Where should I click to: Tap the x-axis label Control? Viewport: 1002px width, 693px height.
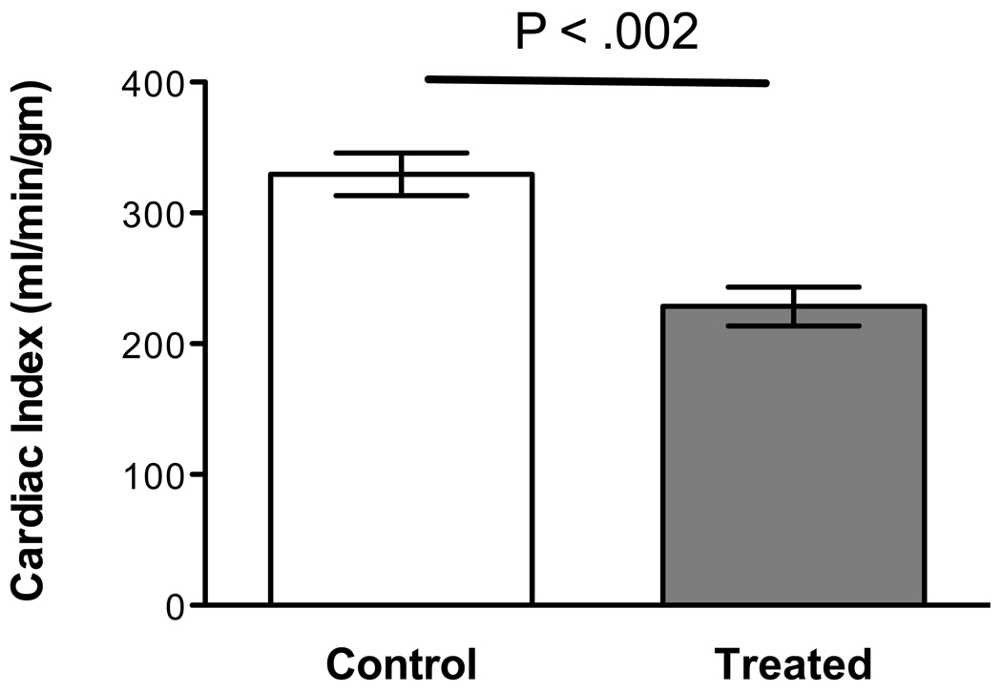point(402,661)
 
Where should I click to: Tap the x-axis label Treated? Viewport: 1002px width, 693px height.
point(793,661)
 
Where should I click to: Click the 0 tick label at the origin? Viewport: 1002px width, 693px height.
point(171,605)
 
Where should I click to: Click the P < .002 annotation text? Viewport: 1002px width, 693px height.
point(607,35)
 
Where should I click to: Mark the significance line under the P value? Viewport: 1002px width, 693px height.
point(596,81)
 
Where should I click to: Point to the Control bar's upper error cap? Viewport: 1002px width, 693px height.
point(402,153)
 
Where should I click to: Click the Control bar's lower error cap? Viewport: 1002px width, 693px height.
point(402,196)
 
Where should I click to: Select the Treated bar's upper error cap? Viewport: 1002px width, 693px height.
point(794,286)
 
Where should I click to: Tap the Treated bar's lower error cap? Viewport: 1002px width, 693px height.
point(794,326)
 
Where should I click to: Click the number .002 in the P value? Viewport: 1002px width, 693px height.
point(654,35)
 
